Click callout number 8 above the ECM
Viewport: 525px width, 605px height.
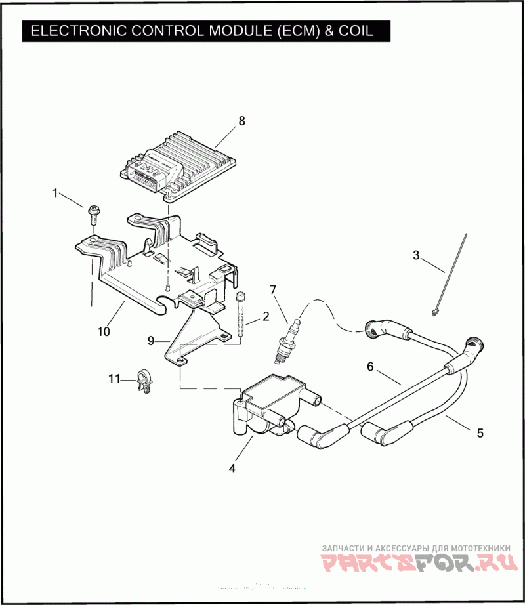[241, 121]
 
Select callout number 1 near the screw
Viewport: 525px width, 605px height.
[56, 193]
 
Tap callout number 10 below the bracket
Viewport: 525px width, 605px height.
[104, 331]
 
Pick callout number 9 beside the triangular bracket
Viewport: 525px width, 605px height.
[151, 341]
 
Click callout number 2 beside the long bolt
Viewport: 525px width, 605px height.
[266, 316]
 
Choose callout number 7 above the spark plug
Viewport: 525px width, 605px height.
[273, 289]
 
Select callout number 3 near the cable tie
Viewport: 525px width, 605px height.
[415, 255]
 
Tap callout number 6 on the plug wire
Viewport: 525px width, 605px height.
[370, 367]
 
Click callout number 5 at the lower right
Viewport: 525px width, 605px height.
[480, 433]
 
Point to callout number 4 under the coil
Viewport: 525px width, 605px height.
[232, 469]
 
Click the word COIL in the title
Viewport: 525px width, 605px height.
[354, 30]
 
